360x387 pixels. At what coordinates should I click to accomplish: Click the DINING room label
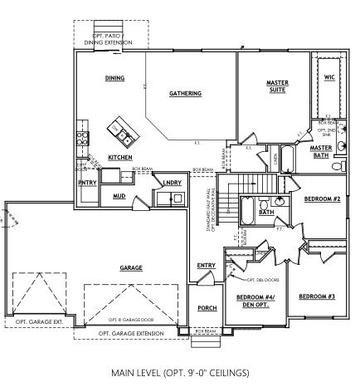click(x=114, y=78)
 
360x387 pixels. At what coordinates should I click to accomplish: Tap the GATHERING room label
click(x=185, y=94)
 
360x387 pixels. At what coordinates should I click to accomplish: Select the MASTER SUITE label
click(x=277, y=86)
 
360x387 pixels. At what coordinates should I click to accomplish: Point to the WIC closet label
click(x=329, y=77)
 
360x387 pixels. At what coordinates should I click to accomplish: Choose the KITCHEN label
click(x=120, y=157)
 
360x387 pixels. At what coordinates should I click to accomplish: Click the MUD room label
click(x=119, y=197)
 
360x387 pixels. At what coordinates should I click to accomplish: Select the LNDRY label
click(x=172, y=183)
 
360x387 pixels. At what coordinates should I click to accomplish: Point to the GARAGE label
click(x=131, y=268)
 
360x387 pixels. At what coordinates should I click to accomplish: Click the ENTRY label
click(x=207, y=266)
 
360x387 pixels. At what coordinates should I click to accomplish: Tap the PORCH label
click(x=207, y=308)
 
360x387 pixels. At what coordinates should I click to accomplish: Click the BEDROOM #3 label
click(x=316, y=296)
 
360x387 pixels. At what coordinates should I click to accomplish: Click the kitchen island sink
click(x=123, y=135)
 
